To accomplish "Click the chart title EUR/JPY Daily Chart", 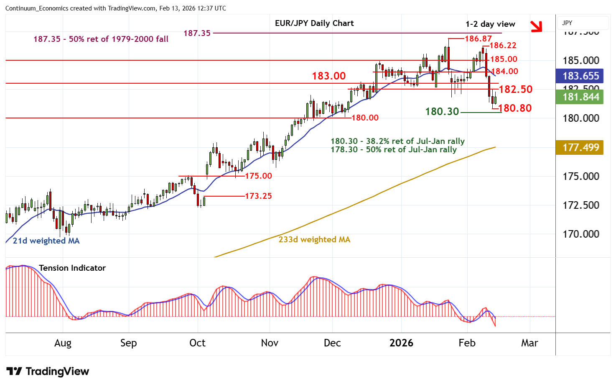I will pyautogui.click(x=314, y=23).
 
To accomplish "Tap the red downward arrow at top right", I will pyautogui.click(x=536, y=26).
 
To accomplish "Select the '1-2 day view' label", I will pyautogui.click(x=490, y=24).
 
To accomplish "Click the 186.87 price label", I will pyautogui.click(x=478, y=39).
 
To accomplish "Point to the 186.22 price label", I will pyautogui.click(x=503, y=46).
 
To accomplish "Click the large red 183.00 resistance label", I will pyautogui.click(x=329, y=76).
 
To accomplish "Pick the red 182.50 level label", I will pyautogui.click(x=516, y=89).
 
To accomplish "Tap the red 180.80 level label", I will pyautogui.click(x=515, y=108).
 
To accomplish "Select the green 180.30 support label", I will pyautogui.click(x=442, y=112).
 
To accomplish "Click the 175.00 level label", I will pyautogui.click(x=258, y=176).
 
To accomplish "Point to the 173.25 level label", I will pyautogui.click(x=258, y=196).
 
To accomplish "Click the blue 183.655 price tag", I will pyautogui.click(x=580, y=76).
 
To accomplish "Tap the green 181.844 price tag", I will pyautogui.click(x=580, y=97).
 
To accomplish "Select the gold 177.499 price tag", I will pyautogui.click(x=580, y=148).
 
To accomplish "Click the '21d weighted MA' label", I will pyautogui.click(x=46, y=241).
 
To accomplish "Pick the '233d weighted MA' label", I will pyautogui.click(x=314, y=240).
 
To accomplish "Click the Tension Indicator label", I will pyautogui.click(x=72, y=268).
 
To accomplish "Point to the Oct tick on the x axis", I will pyautogui.click(x=197, y=343).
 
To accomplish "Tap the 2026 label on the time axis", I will pyautogui.click(x=401, y=343).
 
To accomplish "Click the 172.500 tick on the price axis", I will pyautogui.click(x=581, y=205).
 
